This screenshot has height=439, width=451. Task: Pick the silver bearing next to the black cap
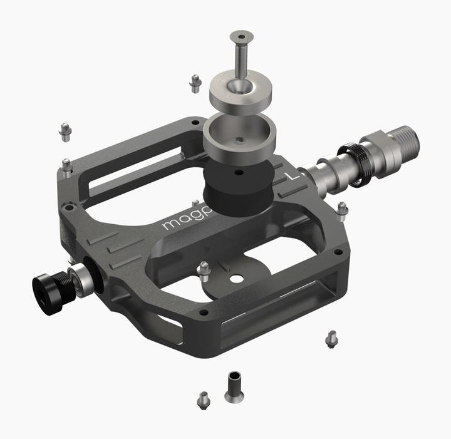(x=81, y=276)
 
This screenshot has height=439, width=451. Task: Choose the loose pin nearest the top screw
(x=195, y=81)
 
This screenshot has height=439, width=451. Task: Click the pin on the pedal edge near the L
(x=342, y=210)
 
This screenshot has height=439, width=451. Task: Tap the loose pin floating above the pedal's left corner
(x=65, y=131)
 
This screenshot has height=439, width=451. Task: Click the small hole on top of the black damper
(x=238, y=170)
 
